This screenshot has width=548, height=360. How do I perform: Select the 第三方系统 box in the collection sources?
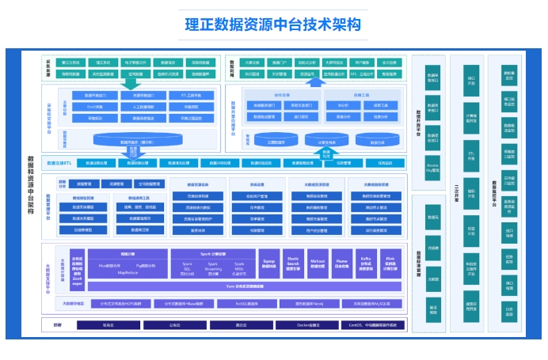[x=71, y=63]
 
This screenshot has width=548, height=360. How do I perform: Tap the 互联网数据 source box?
[x=200, y=63]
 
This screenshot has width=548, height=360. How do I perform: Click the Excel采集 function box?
[x=94, y=106]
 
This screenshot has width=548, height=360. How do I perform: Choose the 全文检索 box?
[x=389, y=63]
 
